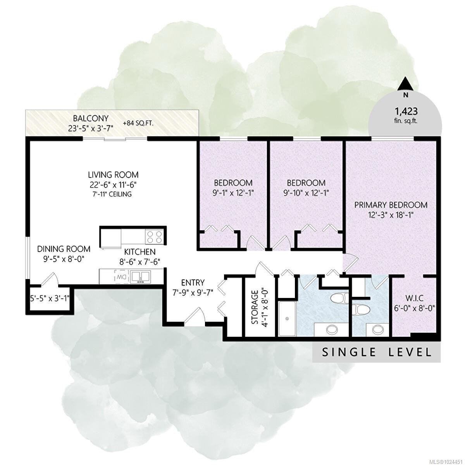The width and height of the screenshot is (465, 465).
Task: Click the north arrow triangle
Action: point(406,84)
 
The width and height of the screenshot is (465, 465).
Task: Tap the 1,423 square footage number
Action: point(406,111)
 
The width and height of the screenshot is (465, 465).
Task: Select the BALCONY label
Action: point(91,119)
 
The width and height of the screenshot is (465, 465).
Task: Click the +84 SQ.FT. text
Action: point(138,123)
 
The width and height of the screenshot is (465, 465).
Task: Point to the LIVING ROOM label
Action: point(113,174)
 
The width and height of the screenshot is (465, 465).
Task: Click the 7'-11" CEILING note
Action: point(113,194)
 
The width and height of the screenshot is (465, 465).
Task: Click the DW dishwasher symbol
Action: point(120,277)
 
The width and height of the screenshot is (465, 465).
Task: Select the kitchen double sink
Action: point(140,277)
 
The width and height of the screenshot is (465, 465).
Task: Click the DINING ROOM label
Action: point(64,249)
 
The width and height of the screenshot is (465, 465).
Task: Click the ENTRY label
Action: point(193,282)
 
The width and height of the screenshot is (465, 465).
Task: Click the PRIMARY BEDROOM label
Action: point(391,205)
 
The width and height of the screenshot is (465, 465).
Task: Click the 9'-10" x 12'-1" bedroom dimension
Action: point(306,193)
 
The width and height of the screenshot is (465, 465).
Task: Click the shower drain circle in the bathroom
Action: point(287,319)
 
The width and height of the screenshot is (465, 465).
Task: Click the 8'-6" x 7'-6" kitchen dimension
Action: point(140,262)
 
